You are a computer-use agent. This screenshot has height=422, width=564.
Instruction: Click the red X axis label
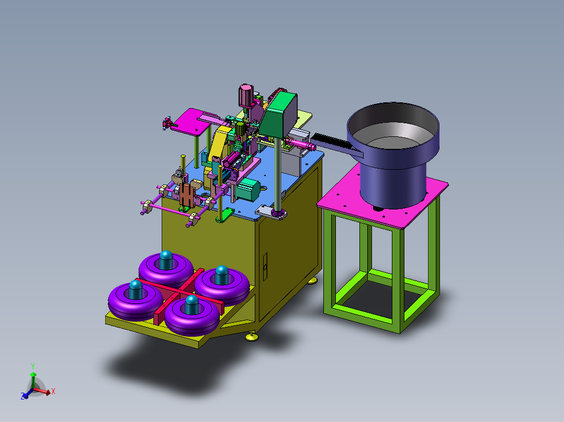pos(53,391)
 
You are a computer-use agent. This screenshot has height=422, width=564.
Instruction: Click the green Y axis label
pos(33,367)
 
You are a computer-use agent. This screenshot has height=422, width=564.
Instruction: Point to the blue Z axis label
pos(22,396)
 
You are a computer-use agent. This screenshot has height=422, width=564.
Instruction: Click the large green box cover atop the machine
pos(279,114)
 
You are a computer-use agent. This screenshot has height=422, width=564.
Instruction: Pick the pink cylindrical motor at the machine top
pos(246,96)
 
